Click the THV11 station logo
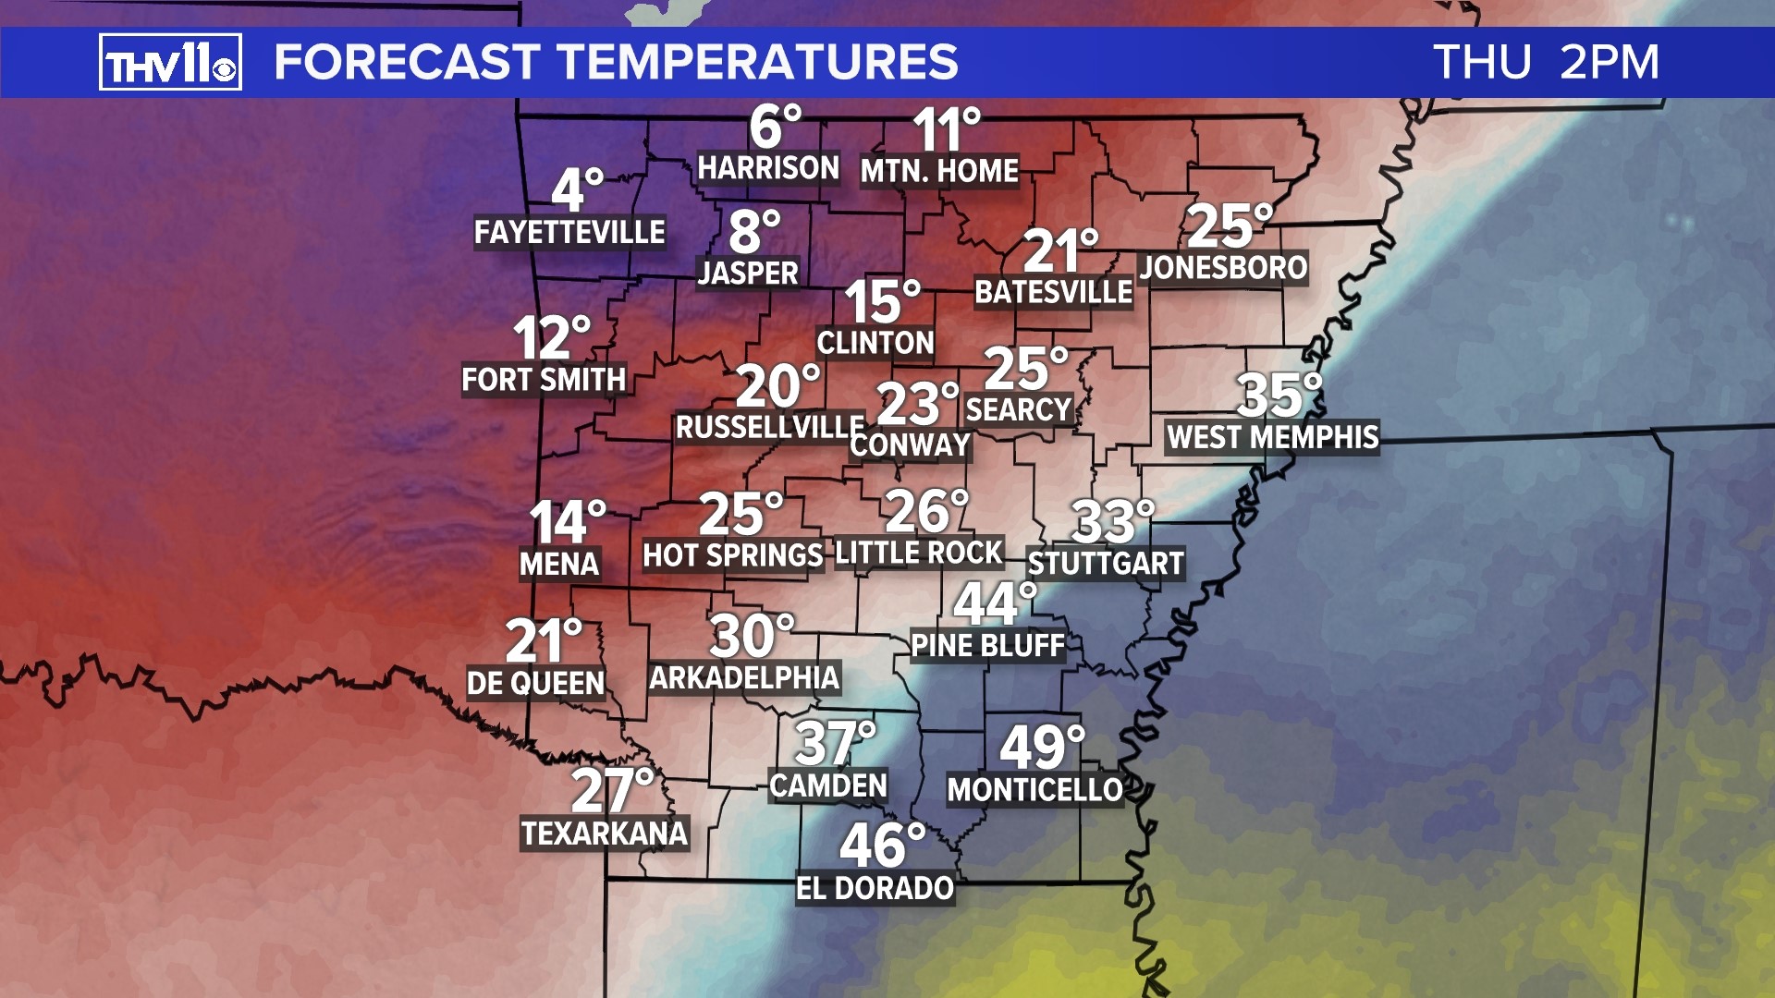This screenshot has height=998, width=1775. click(x=170, y=62)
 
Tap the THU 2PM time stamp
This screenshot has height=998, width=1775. click(x=1546, y=63)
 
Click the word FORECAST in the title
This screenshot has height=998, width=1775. click(x=407, y=63)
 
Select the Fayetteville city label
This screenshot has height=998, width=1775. click(x=569, y=232)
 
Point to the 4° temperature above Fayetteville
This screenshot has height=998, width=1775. click(x=577, y=189)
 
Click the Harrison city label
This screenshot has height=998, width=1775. click(x=768, y=168)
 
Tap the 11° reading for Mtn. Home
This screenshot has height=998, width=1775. click(x=946, y=130)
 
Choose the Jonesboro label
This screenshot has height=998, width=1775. click(x=1223, y=268)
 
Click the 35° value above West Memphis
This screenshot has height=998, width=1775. click(x=1279, y=396)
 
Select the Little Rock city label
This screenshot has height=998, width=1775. click(x=919, y=554)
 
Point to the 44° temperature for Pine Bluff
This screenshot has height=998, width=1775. click(x=995, y=603)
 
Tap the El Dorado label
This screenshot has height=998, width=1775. click(x=875, y=889)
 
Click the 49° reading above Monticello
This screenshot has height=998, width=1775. click(x=1042, y=747)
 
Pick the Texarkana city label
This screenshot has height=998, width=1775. click(x=605, y=834)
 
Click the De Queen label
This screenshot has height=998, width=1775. click(x=535, y=684)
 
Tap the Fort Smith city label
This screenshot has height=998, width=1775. click(x=544, y=380)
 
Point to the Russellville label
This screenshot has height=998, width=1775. click(x=769, y=428)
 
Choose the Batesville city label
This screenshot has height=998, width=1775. click(x=1053, y=293)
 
